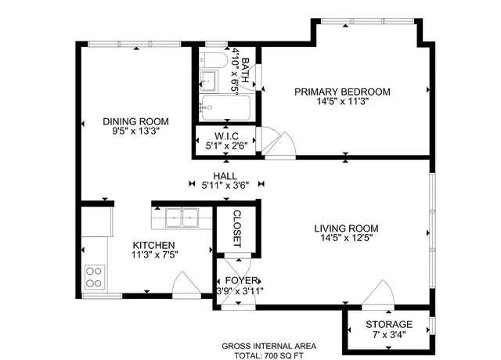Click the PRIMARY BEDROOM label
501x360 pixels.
pyautogui.click(x=342, y=92)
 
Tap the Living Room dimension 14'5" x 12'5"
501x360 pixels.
pyautogui.click(x=347, y=238)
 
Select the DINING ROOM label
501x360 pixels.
pyautogui.click(x=135, y=122)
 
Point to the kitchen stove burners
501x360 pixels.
pyautogui.click(x=95, y=277)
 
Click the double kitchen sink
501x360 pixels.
pyautogui.click(x=182, y=218)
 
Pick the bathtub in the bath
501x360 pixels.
pyautogui.click(x=225, y=108)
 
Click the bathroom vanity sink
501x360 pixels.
pyautogui.click(x=208, y=81)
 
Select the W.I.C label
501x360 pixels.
pyautogui.click(x=226, y=136)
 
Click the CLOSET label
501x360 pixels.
pyautogui.click(x=236, y=229)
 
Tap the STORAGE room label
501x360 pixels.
pyautogui.click(x=389, y=325)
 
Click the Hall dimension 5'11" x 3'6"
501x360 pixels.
pyautogui.click(x=225, y=185)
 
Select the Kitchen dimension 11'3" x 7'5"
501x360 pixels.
pyautogui.click(x=155, y=255)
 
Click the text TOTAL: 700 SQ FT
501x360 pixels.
pyautogui.click(x=269, y=355)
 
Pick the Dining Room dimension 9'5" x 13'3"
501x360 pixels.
pyautogui.click(x=135, y=131)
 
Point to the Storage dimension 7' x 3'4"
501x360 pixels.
pyautogui.click(x=389, y=335)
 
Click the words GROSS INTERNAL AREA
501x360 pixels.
pyautogui.click(x=269, y=346)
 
